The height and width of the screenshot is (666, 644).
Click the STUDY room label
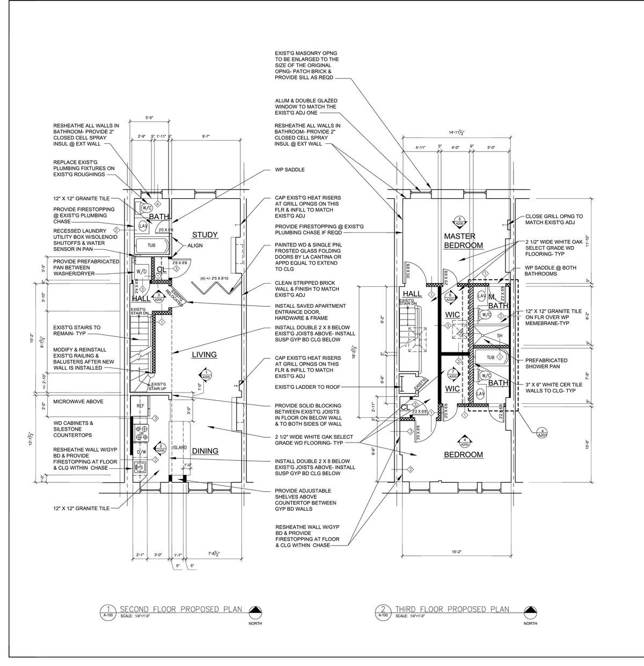204,235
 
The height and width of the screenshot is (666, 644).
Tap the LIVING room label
204,354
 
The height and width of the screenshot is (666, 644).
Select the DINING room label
205,451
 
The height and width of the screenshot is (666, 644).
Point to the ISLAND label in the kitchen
179,447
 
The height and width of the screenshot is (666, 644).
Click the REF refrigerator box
140,407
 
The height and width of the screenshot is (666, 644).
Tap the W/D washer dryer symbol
142,272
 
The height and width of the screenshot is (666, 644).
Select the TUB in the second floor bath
151,246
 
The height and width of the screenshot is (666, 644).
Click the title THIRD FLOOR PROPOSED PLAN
452,609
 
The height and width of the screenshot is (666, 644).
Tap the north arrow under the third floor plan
530,611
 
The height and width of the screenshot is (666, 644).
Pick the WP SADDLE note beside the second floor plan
289,170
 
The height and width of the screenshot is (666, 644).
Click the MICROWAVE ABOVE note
78,402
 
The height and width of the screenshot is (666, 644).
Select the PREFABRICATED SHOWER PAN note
546,364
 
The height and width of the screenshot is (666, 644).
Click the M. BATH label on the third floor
497,301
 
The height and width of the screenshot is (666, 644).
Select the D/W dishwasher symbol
141,452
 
